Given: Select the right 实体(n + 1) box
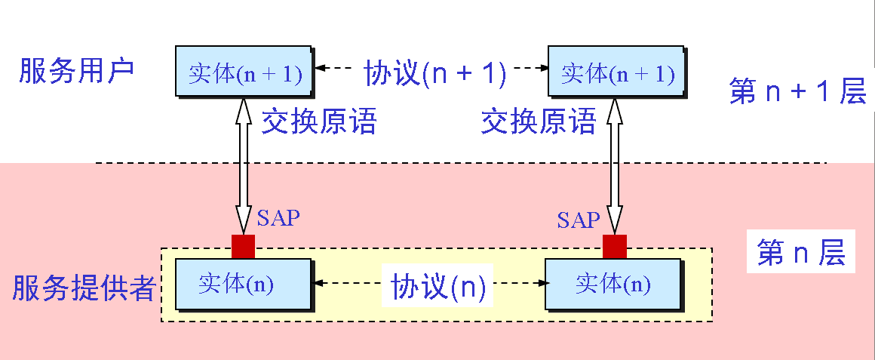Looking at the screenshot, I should tap(616, 72).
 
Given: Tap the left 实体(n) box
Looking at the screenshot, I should tap(243, 284).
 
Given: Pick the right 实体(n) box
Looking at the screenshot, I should tap(612, 284).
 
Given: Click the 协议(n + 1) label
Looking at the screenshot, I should tap(434, 73).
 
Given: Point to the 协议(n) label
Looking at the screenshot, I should tap(437, 287).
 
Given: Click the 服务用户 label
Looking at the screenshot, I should tap(76, 71).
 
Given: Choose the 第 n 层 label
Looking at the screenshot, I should tap(801, 254).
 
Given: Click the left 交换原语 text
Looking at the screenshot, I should tap(318, 121).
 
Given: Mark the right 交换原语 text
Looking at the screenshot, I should tap(539, 121).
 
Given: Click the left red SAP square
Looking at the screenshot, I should tap(243, 247).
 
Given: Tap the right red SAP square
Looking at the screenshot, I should tap(615, 247).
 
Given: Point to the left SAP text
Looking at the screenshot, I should tap(278, 219).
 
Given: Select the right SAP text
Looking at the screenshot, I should tap(579, 220).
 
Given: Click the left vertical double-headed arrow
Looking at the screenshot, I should tap(243, 166).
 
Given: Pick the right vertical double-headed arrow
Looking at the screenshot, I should tap(615, 166).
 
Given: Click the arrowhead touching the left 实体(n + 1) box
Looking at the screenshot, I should tap(319, 69).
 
